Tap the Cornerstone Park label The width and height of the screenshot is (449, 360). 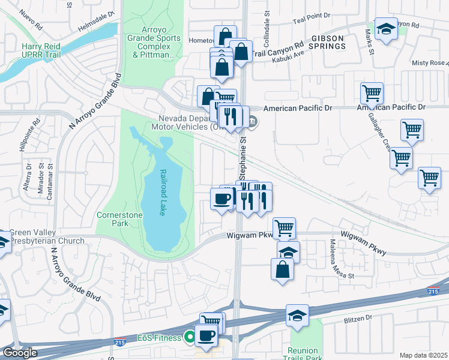113,219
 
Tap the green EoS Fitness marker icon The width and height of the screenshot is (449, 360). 190,338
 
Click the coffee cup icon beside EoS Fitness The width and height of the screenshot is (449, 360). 206,337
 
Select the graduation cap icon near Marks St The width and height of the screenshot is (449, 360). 386,28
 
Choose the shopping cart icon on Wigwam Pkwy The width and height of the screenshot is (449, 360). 284,227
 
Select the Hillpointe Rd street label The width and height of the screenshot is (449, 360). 37,130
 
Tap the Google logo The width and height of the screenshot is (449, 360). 20,353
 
